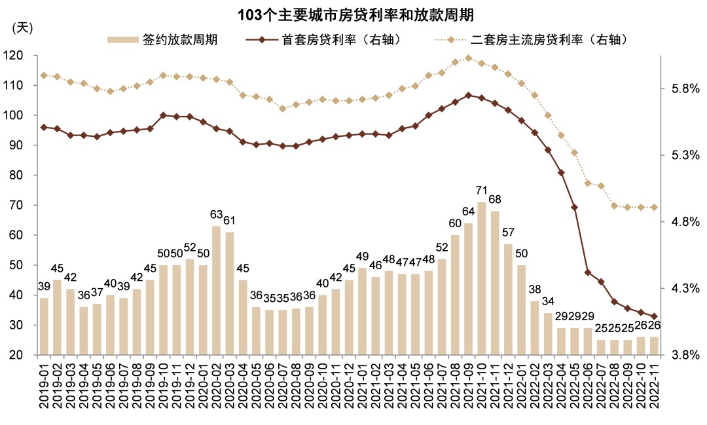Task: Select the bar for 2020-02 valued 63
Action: [x=216, y=290]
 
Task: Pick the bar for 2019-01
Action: [x=44, y=326]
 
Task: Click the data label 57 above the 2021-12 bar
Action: [x=509, y=232]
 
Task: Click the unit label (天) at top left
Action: [x=22, y=28]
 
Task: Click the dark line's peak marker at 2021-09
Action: [x=468, y=95]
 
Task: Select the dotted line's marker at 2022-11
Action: [x=653, y=207]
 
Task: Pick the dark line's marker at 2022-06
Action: [x=587, y=272]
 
